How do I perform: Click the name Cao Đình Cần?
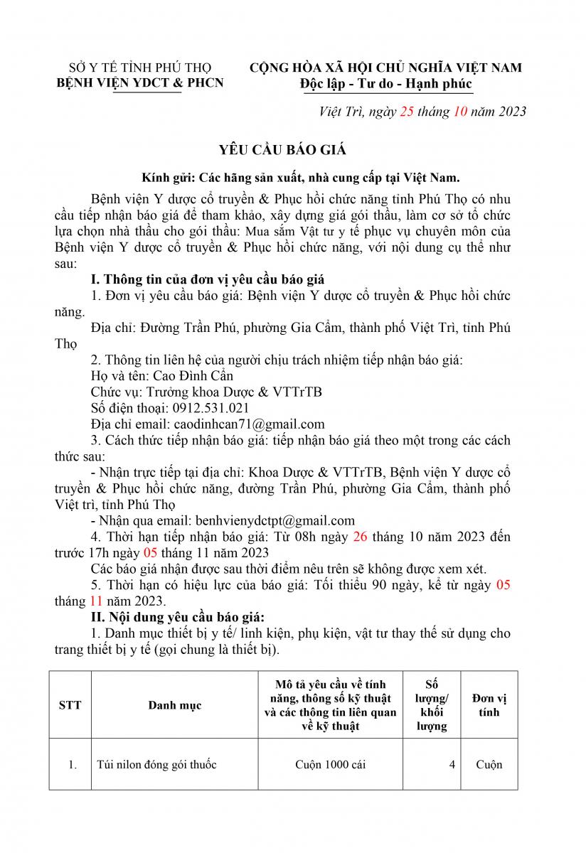[187, 375]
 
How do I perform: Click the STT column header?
[70, 705]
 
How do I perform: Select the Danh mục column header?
[175, 705]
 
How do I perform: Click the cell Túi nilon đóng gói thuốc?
[156, 765]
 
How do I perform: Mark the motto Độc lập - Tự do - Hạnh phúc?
[386, 83]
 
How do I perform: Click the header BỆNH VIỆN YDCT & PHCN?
[139, 83]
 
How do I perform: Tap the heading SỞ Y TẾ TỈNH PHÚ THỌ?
[139, 68]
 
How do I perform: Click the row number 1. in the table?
[72, 765]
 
